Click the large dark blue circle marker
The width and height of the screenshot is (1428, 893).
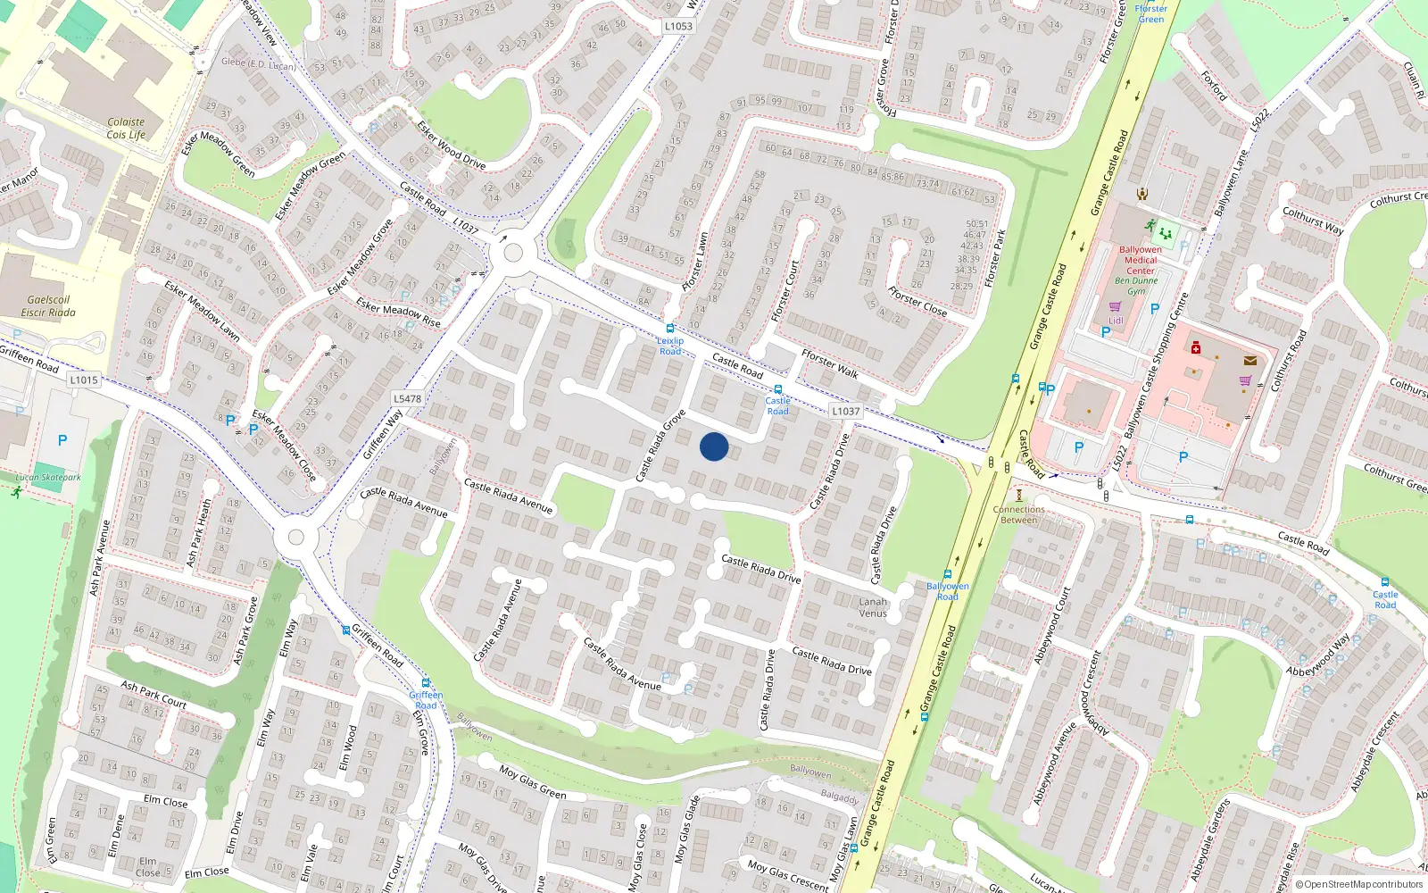[x=714, y=446]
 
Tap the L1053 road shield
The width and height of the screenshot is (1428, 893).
[x=678, y=26]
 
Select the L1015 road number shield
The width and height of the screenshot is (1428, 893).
[x=84, y=380]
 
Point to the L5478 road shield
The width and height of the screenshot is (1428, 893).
[x=407, y=399]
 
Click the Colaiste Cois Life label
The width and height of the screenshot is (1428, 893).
[x=126, y=129]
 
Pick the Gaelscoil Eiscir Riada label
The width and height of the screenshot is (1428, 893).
[x=48, y=306]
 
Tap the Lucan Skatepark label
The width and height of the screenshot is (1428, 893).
[x=48, y=478]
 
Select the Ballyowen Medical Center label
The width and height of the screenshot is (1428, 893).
[x=1140, y=260]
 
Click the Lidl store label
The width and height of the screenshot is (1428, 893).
[x=1116, y=321]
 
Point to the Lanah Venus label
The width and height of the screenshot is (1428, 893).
[x=873, y=607]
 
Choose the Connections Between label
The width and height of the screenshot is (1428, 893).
[x=1018, y=514]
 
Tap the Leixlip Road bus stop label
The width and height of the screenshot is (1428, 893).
[x=670, y=346]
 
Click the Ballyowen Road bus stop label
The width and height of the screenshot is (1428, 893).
[x=947, y=591]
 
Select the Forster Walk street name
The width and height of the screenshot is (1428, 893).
[x=829, y=363]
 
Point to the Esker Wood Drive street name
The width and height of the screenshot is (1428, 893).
[x=452, y=145]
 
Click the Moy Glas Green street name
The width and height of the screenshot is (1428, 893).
[x=532, y=782]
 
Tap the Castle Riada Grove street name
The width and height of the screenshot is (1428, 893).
[x=660, y=445]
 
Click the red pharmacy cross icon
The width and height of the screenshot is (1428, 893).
[x=1196, y=347]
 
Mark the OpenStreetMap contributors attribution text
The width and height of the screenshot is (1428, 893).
[x=1359, y=885]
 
